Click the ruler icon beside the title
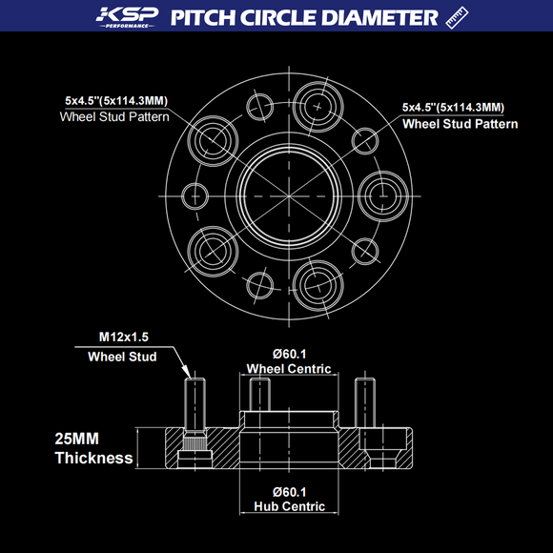point(457,17)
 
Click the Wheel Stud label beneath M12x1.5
point(122,358)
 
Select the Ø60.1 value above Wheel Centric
point(289,351)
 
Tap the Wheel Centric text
point(289,368)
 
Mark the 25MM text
point(77,440)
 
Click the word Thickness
point(93,459)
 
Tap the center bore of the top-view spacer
point(289,190)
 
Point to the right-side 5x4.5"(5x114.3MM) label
point(453,107)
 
